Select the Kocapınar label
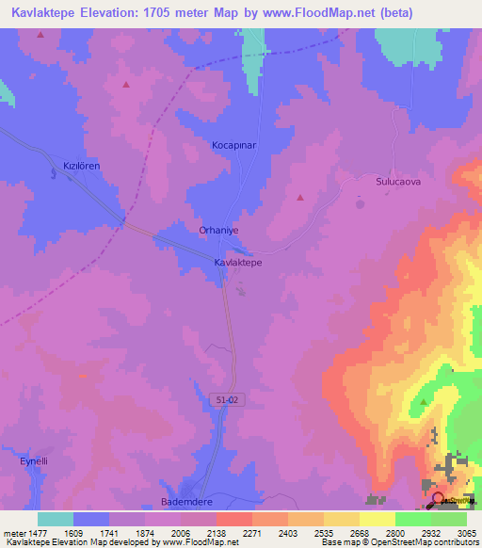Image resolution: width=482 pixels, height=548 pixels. (233, 146)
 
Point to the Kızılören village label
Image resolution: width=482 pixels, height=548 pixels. (81, 166)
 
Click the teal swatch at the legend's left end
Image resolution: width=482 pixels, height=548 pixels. (55, 519)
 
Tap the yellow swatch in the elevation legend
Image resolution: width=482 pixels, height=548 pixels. (377, 519)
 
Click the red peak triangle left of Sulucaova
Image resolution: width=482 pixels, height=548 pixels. (300, 198)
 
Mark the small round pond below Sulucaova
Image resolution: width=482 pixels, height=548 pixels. (359, 202)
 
